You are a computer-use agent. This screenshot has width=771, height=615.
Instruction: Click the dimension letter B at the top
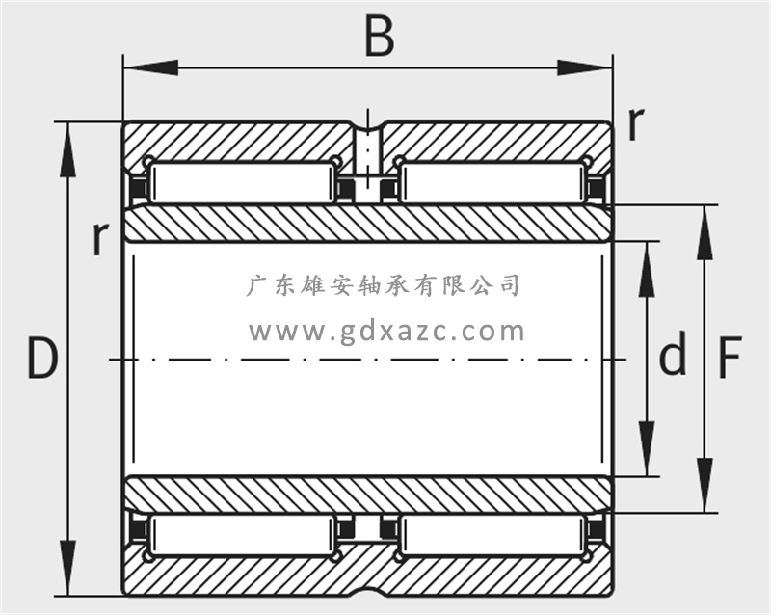click(x=380, y=37)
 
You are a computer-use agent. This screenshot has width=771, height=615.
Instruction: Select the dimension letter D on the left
click(x=40, y=359)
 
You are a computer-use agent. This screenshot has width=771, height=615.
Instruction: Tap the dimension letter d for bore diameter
click(x=673, y=355)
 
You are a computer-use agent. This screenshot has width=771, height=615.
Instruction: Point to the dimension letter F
click(x=730, y=359)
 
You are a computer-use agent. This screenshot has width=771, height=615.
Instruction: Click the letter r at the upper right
click(x=634, y=123)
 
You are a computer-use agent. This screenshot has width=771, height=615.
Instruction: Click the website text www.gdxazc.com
click(x=387, y=332)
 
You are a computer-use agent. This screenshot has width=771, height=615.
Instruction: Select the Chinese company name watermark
click(x=384, y=285)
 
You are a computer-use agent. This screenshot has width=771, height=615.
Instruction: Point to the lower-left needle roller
click(x=241, y=535)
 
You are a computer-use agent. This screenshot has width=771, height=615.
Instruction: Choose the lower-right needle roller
click(x=492, y=535)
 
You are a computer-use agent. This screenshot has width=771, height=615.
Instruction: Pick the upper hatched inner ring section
click(x=366, y=224)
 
